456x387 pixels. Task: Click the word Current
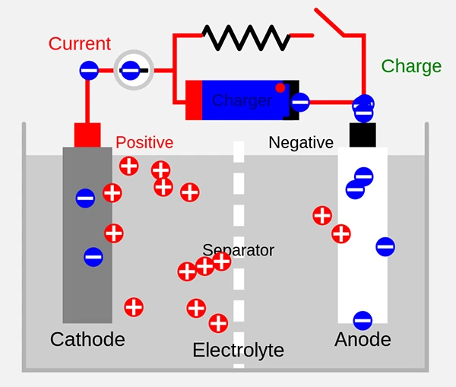(x=79, y=43)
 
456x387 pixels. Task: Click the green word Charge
(x=411, y=66)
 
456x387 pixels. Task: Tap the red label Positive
(x=144, y=142)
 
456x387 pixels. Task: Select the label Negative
(x=301, y=142)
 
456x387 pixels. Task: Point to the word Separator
(x=238, y=250)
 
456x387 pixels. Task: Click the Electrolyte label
(x=238, y=351)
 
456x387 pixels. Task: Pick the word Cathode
(x=87, y=339)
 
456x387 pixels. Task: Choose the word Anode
(x=363, y=339)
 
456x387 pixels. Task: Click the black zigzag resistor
(x=245, y=35)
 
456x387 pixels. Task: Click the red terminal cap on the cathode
(x=87, y=135)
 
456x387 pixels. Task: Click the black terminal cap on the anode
(x=363, y=135)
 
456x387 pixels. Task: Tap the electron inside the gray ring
(x=131, y=71)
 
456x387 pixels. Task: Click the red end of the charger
(x=194, y=100)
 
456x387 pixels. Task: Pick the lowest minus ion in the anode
(x=363, y=320)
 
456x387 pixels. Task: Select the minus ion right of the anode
(x=385, y=246)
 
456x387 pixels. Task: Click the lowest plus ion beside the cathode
(x=134, y=307)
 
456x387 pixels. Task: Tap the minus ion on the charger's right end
(x=300, y=101)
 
